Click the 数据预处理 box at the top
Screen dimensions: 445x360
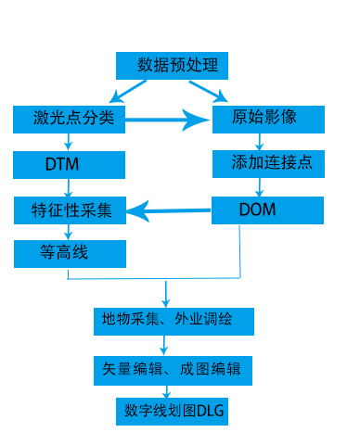(172, 66)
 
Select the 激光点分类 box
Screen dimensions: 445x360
(69, 119)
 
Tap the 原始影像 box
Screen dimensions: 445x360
(267, 119)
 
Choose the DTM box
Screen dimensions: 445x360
(69, 165)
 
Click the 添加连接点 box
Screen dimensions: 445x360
(267, 164)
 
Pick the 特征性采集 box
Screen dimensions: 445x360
(69, 210)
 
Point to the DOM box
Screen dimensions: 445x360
(267, 210)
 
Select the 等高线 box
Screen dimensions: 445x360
(69, 252)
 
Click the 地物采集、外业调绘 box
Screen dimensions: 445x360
(173, 321)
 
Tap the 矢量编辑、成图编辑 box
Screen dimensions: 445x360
(173, 368)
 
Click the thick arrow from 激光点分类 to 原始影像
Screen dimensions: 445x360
(167, 119)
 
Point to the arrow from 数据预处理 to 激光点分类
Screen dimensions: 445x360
(129, 91)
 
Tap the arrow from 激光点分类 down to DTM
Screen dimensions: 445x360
(69, 141)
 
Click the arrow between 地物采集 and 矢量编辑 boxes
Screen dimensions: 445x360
(165, 345)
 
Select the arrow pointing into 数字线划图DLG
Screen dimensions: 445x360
(168, 391)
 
